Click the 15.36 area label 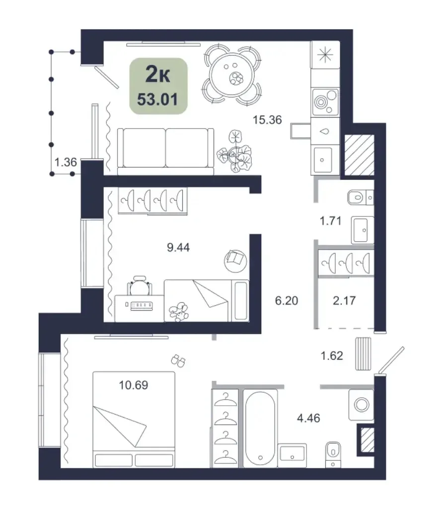267,120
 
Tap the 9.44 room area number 178,248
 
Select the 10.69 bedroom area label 134,385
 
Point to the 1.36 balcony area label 66,162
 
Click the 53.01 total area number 157,99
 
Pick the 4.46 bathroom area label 308,418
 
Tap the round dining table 232,75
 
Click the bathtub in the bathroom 261,429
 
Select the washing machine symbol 361,405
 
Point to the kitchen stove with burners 325,102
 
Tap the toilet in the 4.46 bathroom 333,454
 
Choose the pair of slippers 178,361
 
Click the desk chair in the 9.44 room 140,285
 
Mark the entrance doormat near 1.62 363,353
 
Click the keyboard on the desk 142,306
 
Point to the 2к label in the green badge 158,75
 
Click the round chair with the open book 235,261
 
